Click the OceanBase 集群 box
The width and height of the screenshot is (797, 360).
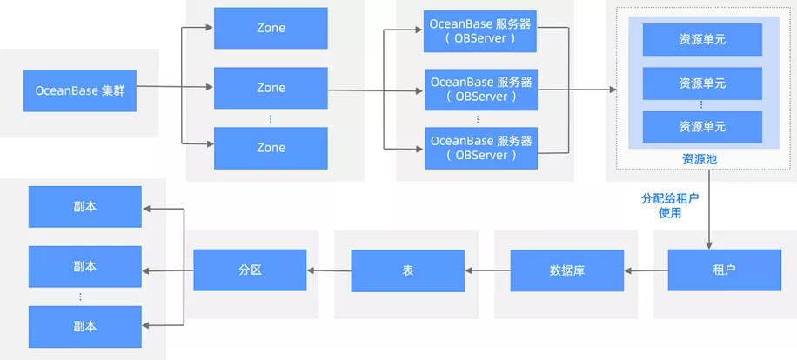(x=80, y=90)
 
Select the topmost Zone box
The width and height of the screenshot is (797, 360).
(x=271, y=28)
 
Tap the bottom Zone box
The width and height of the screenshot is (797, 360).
(x=271, y=148)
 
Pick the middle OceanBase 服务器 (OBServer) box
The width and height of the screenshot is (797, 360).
(x=481, y=89)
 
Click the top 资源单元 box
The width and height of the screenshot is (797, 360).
(x=702, y=39)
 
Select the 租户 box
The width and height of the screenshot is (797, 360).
(x=725, y=270)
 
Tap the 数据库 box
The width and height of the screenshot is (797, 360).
(x=567, y=270)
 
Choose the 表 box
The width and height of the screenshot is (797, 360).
(x=408, y=270)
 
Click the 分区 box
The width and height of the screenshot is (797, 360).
(x=250, y=270)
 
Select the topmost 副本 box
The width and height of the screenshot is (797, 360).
(x=85, y=207)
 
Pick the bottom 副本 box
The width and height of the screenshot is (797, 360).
(x=85, y=326)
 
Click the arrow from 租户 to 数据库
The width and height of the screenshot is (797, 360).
(x=646, y=270)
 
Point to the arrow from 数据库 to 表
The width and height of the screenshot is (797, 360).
(x=487, y=270)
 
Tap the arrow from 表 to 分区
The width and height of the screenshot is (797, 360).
(x=329, y=270)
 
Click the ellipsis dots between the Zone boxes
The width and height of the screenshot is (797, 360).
(x=271, y=118)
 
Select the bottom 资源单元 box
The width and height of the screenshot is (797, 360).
(x=702, y=127)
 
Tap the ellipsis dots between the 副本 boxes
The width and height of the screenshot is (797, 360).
(x=80, y=297)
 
